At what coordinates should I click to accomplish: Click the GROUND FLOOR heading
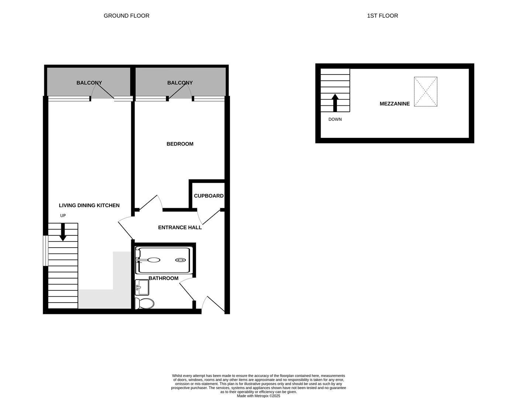pos(126,15)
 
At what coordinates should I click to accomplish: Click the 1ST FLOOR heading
pos(382,15)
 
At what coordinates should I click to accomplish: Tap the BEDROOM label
pos(180,144)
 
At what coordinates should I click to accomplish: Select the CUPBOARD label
pos(208,196)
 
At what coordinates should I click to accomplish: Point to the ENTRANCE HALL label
pos(180,227)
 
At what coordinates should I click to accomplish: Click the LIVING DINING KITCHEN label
pos(89,205)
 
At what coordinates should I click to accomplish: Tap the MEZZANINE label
pos(394,104)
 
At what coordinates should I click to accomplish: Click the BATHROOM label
pos(163,278)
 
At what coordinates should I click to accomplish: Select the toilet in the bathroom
pos(145,304)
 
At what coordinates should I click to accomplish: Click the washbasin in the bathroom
pos(142,287)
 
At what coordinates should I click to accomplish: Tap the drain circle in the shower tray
pos(180,260)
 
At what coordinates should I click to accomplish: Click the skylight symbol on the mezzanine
pos(425,92)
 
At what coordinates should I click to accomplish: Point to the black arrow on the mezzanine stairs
pos(335,102)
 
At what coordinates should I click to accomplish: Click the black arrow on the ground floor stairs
pos(63,232)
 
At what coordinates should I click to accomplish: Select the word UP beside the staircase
pos(63,216)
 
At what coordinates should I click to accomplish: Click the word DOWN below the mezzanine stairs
pos(335,119)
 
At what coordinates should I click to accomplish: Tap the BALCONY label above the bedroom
pos(180,83)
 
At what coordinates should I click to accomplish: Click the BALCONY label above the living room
pos(89,83)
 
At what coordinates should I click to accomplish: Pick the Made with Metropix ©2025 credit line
pos(258,396)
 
